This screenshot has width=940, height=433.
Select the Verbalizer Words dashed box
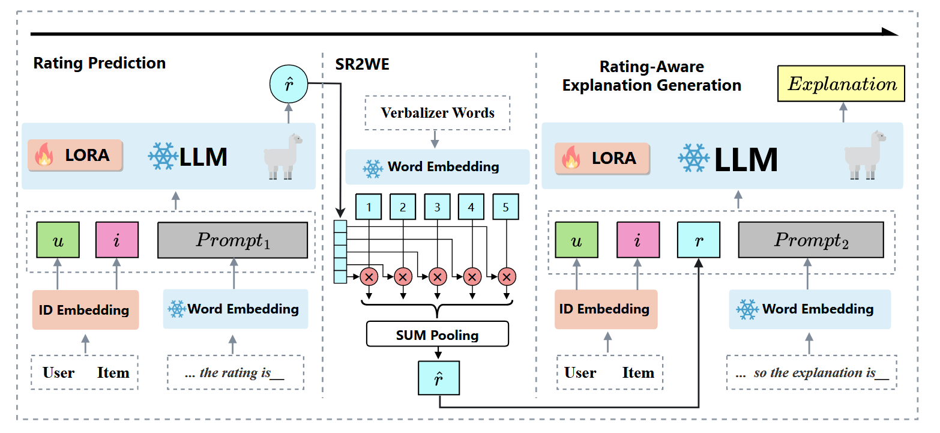pyautogui.click(x=438, y=113)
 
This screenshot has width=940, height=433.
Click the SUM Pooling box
pyautogui.click(x=438, y=335)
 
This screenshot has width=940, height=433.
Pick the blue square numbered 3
pyautogui.click(x=438, y=208)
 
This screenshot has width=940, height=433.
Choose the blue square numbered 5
pyautogui.click(x=506, y=208)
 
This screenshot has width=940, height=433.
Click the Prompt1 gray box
pyautogui.click(x=233, y=240)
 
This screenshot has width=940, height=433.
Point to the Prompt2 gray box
pyautogui.click(x=810, y=240)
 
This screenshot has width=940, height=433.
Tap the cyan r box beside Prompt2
pyautogui.click(x=699, y=240)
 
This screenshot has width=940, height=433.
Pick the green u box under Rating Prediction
pyautogui.click(x=58, y=240)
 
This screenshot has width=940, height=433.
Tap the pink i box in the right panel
pyautogui.click(x=638, y=240)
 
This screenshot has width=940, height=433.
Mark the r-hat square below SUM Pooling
pyautogui.click(x=438, y=378)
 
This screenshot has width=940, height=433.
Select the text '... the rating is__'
pyautogui.click(x=235, y=373)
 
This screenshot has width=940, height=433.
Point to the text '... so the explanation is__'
pyautogui.click(x=812, y=373)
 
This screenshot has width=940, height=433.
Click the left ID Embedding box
pyautogui.click(x=85, y=310)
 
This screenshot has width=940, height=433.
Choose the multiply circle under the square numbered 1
pyautogui.click(x=369, y=277)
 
